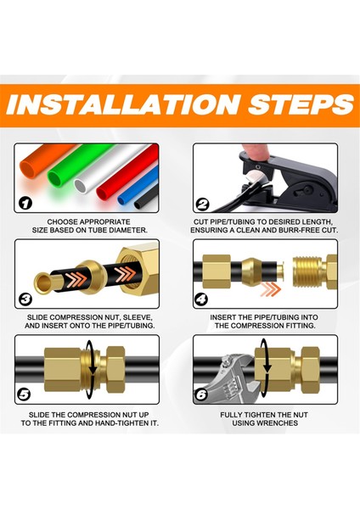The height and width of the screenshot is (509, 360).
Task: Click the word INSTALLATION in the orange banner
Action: point(123,104)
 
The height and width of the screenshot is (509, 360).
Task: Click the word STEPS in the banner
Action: point(301,104)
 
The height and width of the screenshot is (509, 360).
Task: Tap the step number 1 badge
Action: point(25,204)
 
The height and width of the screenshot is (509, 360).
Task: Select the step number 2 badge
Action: point(202,204)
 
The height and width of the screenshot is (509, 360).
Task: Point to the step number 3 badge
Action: point(25,299)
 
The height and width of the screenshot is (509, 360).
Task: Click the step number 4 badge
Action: point(201,299)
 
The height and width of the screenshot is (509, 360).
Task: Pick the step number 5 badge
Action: point(24,394)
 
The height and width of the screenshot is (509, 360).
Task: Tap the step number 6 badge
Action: point(201,394)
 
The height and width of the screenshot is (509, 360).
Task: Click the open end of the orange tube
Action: point(29,169)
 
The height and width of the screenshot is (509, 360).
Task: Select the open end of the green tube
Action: point(55,178)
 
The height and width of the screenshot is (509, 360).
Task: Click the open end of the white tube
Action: point(81,186)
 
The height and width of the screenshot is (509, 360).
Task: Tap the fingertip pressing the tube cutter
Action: point(256,150)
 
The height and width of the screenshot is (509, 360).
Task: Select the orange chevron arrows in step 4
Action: point(270,288)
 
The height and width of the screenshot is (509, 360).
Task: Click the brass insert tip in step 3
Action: point(42,283)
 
